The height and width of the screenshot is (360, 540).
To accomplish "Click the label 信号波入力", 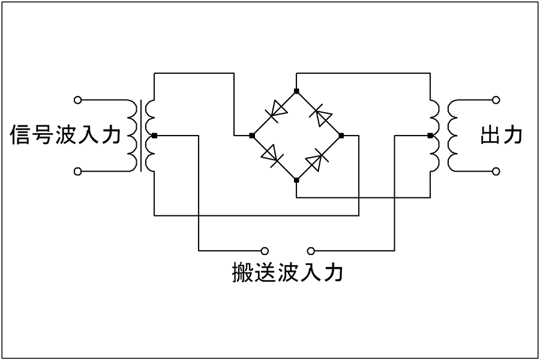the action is coord(65,134).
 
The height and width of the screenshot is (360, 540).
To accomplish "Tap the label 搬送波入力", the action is coord(287,272).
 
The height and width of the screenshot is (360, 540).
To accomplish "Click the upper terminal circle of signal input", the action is coord(78,100).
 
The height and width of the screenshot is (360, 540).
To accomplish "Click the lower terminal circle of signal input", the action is coord(78,171).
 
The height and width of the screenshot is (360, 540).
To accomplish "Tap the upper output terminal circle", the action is coord(496,100).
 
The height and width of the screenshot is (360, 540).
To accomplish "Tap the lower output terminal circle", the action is coord(496,171).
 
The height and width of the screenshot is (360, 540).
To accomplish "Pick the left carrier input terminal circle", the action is coord(265,251).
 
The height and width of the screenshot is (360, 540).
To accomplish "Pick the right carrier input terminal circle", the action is coord(311,251).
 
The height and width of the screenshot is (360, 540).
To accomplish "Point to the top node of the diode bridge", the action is coord(296,91).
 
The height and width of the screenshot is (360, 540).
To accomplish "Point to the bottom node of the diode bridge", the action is coord(296,180).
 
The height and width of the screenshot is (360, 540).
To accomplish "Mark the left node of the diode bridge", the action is coord(252,136).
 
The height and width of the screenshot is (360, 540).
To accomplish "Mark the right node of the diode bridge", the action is coord(341,136).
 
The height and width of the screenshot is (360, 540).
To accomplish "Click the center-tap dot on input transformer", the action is coord(154,136).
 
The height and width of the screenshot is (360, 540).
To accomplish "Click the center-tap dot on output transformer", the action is coord(430,136).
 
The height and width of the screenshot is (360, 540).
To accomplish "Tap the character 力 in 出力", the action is coord(513,135).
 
